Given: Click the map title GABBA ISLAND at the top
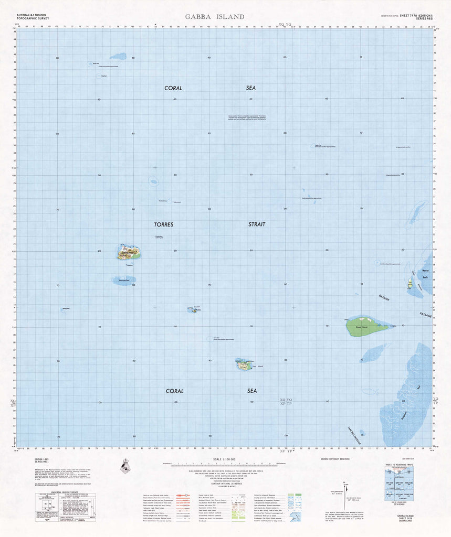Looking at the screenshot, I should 214,17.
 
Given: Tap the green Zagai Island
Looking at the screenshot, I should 366,326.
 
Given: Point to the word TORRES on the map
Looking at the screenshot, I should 163,224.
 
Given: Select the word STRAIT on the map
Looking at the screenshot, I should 257,224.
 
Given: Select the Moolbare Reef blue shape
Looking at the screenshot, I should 124,281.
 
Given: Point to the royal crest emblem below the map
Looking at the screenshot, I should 126,465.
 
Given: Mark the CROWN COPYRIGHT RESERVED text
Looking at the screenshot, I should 335,459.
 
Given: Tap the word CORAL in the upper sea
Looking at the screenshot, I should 173,88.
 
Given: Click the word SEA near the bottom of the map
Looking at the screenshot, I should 251,391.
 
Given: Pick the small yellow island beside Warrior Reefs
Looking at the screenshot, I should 410,284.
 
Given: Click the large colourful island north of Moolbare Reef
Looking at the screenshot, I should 129,253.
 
